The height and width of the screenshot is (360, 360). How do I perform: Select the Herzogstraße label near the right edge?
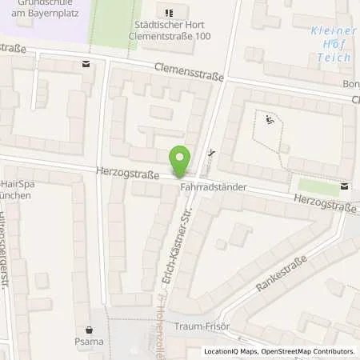pos(324,203)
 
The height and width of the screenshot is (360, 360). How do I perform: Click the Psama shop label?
pos(90,342)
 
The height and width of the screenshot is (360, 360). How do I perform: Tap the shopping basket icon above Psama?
pos(90,329)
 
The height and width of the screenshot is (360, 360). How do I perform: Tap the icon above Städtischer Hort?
pos(168,13)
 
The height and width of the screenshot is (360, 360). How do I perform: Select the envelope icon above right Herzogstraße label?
pos(344,186)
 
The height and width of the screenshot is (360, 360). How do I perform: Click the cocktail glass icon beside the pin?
pos(210,154)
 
